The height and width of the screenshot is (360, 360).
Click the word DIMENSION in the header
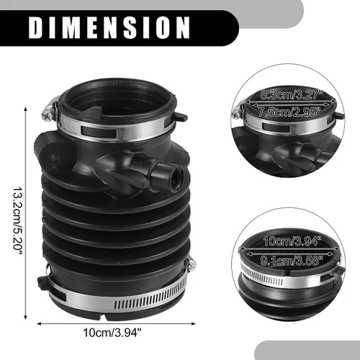pos(109,27)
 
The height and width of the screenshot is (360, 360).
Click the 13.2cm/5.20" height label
pos(17,217)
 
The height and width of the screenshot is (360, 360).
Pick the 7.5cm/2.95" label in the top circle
pos(289,112)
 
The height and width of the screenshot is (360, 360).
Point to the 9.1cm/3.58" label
pos(292,261)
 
